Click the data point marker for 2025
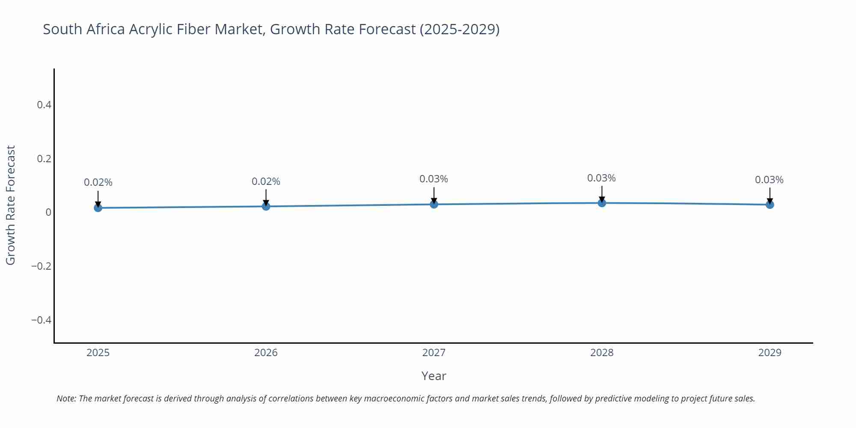point(98,208)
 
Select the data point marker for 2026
point(266,206)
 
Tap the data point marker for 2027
point(434,204)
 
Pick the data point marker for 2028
point(602,203)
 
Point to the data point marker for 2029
point(770,205)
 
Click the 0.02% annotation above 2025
point(98,182)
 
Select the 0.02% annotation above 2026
point(266,181)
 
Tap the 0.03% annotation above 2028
point(601,178)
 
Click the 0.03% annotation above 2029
point(769,180)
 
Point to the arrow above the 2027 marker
point(434,195)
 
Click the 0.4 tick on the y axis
point(44,105)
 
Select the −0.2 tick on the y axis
point(41,266)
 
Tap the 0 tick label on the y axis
point(48,212)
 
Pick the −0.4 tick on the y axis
point(41,320)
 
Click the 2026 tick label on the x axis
point(266,353)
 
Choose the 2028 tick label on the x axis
point(602,353)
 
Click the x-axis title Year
point(434,376)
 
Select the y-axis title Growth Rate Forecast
point(11,205)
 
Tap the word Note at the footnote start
point(66,398)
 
